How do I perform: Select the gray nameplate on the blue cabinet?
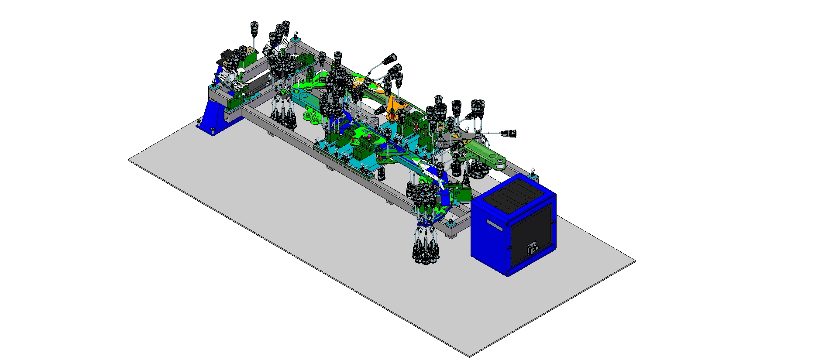495,225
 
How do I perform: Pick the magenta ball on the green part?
369,136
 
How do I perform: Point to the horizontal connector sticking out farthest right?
509,133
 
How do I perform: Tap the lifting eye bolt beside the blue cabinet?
533,171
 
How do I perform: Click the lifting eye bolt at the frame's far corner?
296,34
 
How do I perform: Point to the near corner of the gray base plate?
469,357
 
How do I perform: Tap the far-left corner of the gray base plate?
129,160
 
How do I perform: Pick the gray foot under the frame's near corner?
452,236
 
